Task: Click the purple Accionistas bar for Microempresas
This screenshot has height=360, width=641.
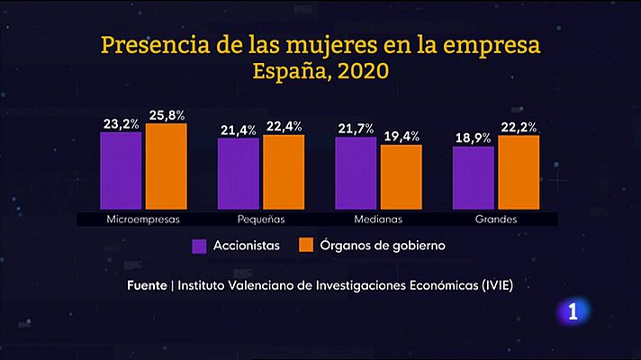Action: point(121,170)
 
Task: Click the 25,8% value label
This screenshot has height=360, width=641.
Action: point(167,115)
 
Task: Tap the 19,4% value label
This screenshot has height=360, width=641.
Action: point(402,136)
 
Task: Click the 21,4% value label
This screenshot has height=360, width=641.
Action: point(239,130)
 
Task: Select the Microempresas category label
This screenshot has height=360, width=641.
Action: point(143,219)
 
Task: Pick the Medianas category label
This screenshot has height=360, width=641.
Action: point(378,219)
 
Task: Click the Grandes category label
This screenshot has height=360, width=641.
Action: point(495,219)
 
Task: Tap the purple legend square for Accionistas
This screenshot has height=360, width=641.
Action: point(200,245)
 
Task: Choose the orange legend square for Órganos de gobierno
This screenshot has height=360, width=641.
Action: point(305,245)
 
